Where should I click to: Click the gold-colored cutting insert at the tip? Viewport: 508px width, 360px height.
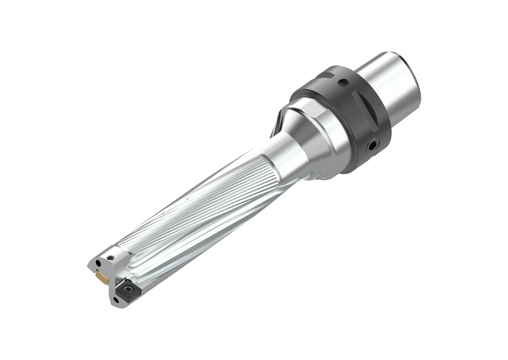pyautogui.click(x=103, y=278)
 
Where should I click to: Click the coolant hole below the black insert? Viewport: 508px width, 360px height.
pyautogui.click(x=116, y=300)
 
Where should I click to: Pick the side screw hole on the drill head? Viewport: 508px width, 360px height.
pyautogui.click(x=111, y=258)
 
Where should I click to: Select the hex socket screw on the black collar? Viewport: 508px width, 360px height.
pyautogui.click(x=372, y=145)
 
